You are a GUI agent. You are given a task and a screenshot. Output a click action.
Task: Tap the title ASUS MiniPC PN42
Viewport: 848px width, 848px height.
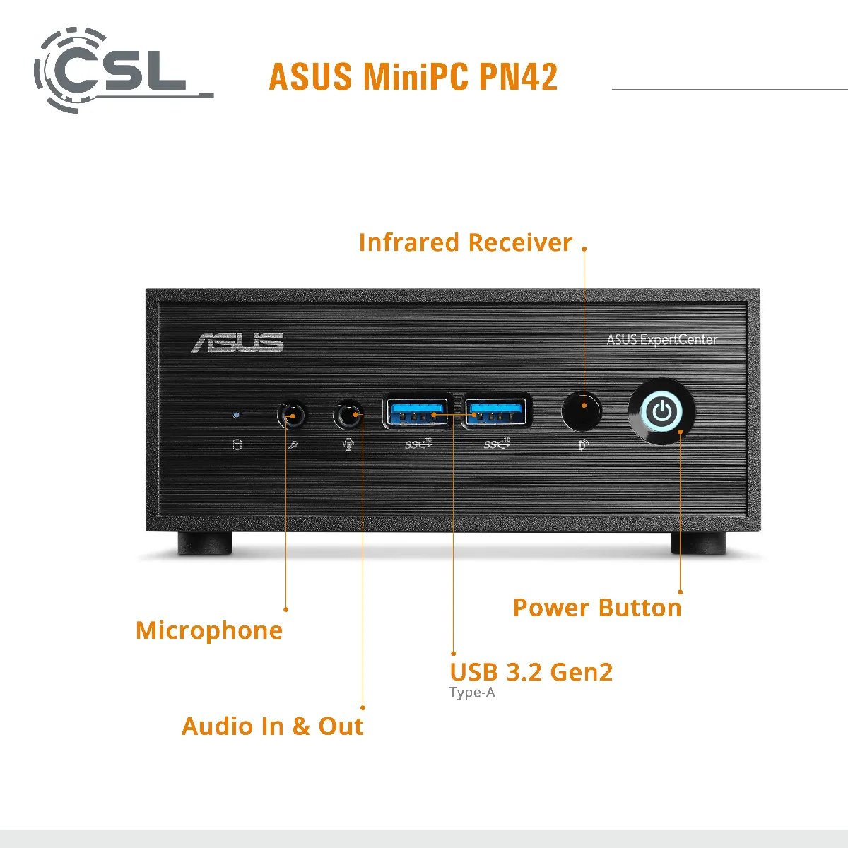413,77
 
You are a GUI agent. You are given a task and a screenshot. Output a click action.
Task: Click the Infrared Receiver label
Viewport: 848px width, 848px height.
465,242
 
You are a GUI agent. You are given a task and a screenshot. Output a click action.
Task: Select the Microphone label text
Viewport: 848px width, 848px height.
209,630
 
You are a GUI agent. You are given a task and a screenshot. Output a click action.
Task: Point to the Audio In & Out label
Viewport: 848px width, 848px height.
272,726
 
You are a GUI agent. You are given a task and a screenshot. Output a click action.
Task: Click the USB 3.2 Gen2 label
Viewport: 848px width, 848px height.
531,672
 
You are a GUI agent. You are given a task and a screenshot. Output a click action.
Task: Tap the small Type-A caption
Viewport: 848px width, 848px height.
472,693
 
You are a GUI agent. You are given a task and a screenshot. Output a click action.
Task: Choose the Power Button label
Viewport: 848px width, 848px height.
597,608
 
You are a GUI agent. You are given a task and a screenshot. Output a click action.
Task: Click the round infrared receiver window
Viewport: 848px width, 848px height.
581,411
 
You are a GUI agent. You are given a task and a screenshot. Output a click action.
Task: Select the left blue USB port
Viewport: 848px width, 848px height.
416,411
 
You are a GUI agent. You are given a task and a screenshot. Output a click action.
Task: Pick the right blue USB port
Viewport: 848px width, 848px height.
497,411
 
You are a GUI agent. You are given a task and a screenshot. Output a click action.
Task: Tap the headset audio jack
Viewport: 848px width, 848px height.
348,415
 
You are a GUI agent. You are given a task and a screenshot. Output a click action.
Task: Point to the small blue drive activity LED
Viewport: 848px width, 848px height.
236,415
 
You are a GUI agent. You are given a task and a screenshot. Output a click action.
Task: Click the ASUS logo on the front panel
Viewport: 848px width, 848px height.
238,343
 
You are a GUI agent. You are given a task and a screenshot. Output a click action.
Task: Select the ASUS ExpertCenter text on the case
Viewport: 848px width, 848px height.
661,340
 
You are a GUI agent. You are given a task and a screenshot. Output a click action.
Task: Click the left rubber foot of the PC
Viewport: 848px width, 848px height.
204,542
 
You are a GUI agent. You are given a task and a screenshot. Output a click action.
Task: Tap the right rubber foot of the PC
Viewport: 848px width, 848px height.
697,542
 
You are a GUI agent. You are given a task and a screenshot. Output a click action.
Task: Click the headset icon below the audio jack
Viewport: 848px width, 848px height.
348,444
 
